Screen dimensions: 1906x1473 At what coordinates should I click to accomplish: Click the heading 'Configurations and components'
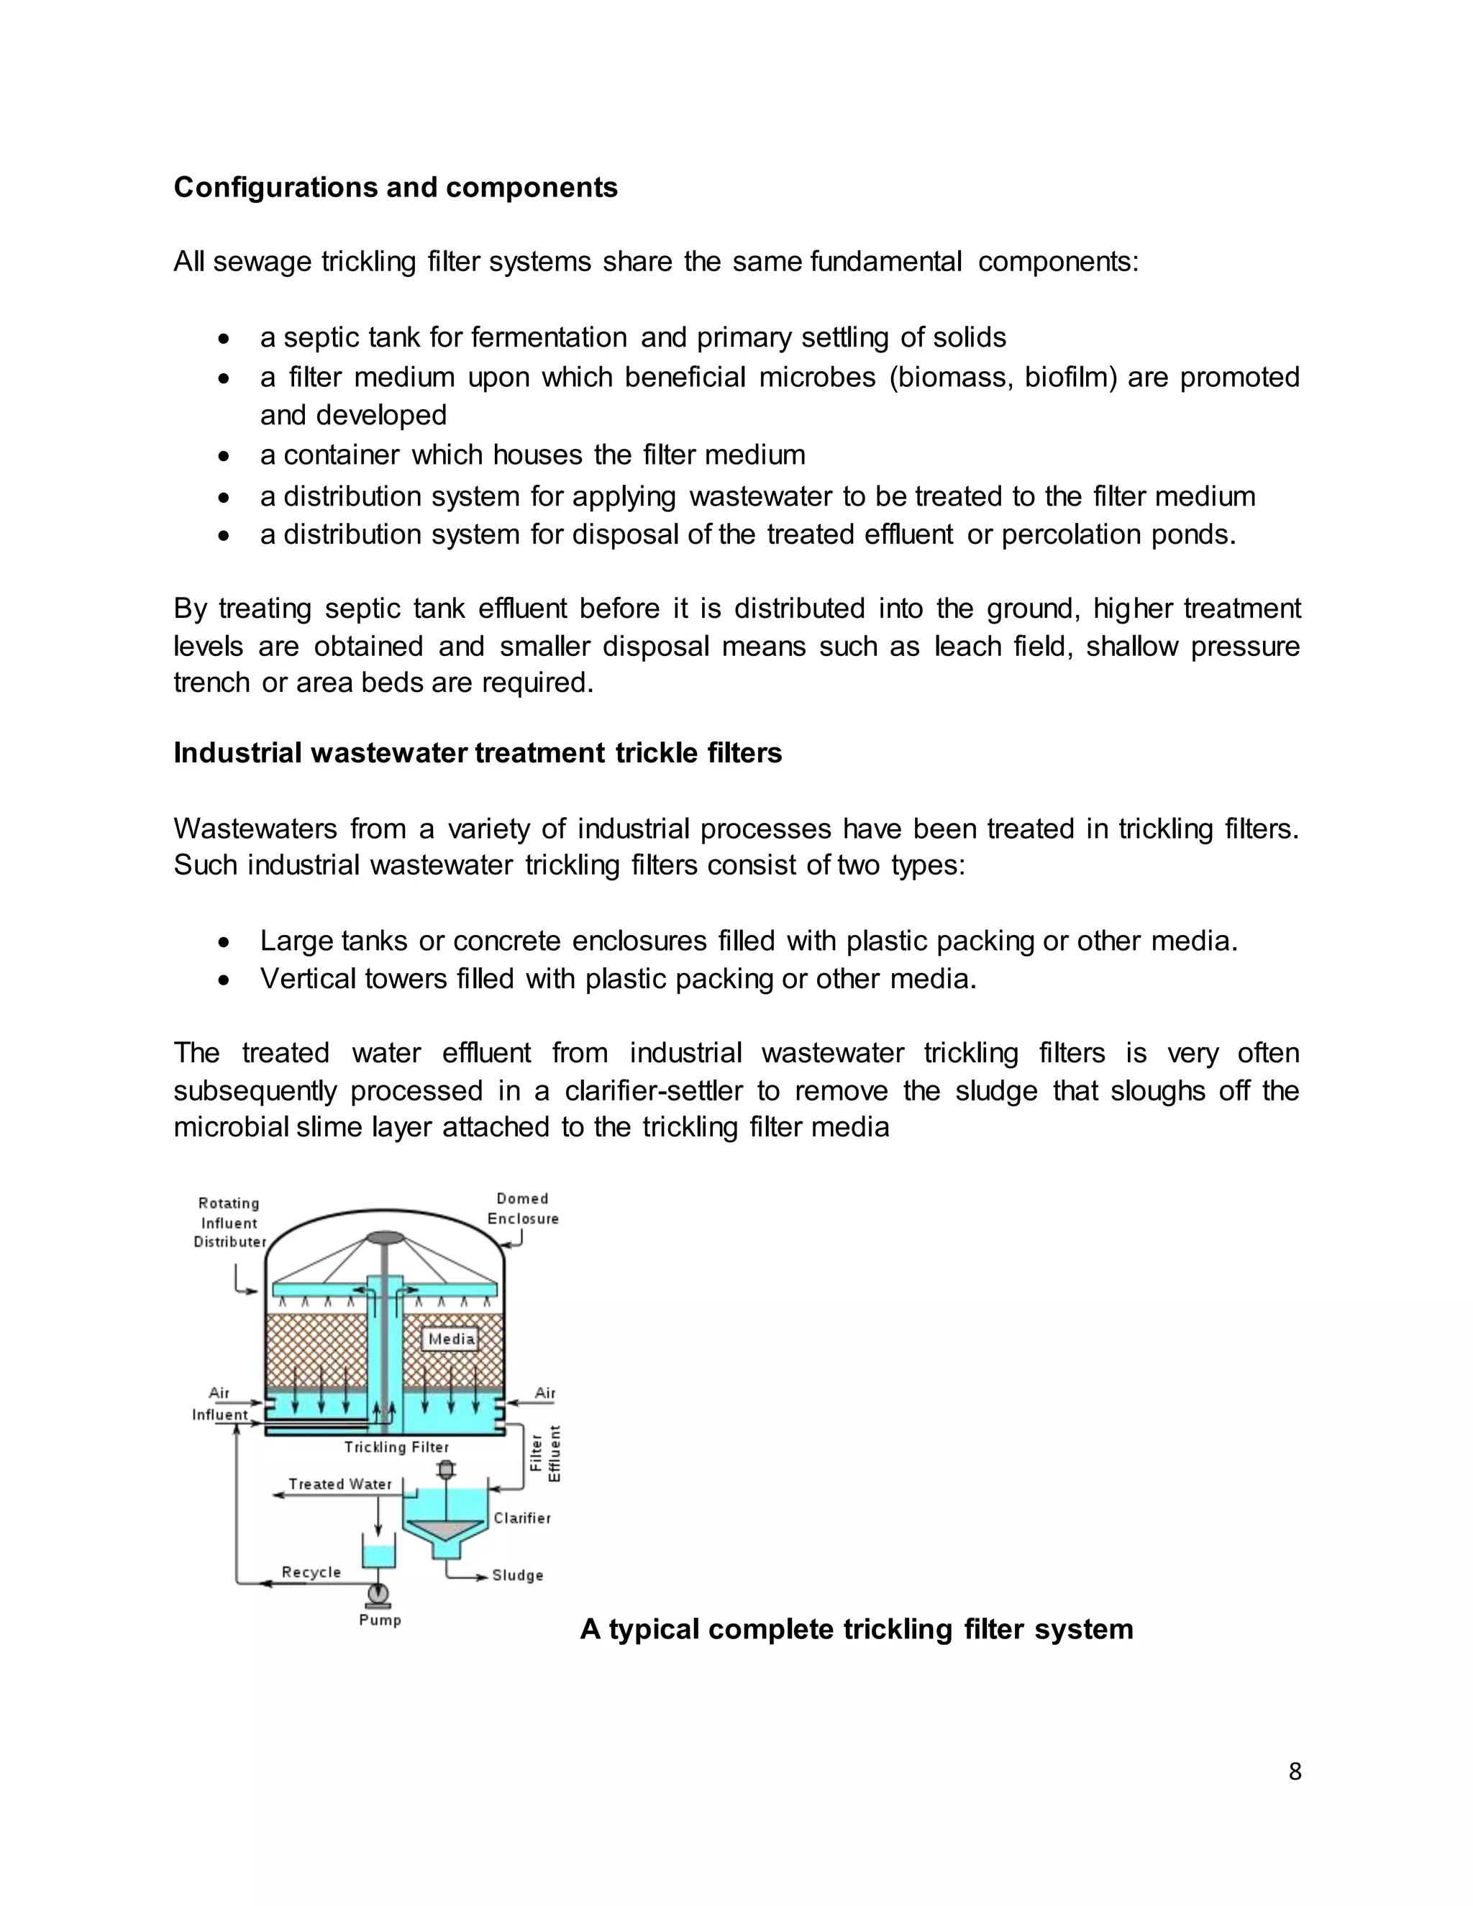(396, 188)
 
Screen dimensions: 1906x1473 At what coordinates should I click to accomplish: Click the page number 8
(1294, 1771)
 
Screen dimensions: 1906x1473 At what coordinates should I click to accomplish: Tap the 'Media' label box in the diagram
(451, 1339)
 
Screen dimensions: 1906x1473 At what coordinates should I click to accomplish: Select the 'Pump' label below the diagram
(380, 1620)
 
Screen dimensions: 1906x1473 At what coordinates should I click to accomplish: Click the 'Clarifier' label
(522, 1518)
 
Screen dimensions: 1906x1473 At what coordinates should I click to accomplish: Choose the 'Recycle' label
(311, 1572)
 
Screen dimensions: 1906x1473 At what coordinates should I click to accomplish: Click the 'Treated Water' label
(340, 1484)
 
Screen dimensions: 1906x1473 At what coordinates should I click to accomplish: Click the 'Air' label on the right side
(544, 1393)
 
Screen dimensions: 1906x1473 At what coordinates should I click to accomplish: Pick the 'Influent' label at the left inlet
(220, 1415)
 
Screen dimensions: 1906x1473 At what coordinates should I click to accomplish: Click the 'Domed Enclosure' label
(523, 1209)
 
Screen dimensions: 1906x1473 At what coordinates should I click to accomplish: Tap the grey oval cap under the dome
(384, 1238)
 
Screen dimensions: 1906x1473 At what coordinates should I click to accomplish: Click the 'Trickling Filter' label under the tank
(396, 1447)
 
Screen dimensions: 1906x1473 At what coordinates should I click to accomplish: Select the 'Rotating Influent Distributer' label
(229, 1222)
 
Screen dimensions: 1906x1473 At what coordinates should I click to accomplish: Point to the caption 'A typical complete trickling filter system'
(856, 1628)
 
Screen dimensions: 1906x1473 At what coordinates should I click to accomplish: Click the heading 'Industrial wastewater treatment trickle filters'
(478, 752)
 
